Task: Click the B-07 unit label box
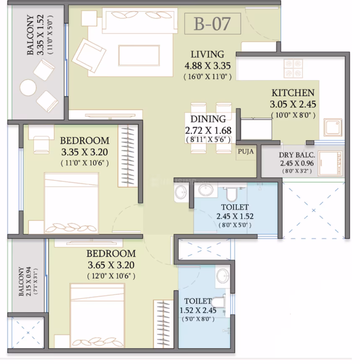point(212,24)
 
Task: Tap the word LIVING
point(207,54)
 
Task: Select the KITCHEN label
point(293,93)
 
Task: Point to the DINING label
point(208,119)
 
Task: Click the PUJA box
point(246,152)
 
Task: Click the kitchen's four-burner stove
point(293,68)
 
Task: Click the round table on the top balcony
point(28,87)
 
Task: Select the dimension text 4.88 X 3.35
point(208,66)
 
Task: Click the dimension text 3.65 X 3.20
point(111,265)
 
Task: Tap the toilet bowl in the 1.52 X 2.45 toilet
point(218,301)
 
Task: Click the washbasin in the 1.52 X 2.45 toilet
point(222,275)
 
